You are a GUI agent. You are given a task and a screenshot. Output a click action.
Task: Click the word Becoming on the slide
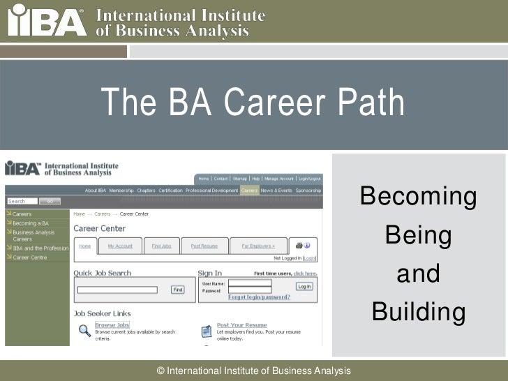coord(418,198)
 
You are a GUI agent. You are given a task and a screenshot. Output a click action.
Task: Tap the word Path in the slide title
coord(371,103)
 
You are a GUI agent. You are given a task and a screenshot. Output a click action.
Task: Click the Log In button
coord(304,286)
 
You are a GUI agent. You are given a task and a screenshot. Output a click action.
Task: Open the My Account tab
coord(119,246)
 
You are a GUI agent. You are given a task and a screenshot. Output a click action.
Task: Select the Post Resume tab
coord(204,246)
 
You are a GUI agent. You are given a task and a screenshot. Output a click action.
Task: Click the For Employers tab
coord(258,246)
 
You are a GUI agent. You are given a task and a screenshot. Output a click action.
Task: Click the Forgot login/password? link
coord(259,297)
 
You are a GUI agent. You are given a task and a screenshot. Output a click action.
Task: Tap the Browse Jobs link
coord(112,325)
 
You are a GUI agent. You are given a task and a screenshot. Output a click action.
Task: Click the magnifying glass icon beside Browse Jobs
coord(84,330)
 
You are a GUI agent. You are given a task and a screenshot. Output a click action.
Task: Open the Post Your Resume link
coord(241,325)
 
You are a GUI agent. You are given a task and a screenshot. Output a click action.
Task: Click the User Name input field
coord(250,283)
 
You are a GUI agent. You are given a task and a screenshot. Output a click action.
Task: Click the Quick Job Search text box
coord(117,290)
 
